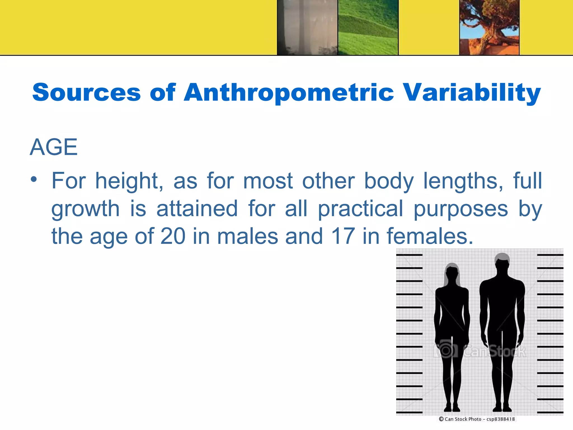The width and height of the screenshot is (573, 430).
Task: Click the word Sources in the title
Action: coord(86,92)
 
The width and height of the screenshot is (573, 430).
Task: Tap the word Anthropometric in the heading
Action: coord(289,92)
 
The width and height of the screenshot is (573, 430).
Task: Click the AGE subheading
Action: coord(54,147)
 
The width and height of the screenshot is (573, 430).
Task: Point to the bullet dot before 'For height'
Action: coord(34,179)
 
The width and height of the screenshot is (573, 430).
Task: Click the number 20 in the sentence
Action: coord(173,236)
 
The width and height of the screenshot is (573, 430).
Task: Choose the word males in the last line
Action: coord(248,236)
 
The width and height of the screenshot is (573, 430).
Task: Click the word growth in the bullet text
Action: coord(85,209)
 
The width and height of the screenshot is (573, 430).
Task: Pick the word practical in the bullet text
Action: coord(361,209)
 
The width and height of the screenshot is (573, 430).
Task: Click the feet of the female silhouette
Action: coord(452,408)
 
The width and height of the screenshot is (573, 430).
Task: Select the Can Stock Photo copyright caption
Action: coord(477,419)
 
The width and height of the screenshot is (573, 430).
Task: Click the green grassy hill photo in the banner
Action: coord(368,27)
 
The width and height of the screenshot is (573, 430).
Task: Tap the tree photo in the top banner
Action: coord(489,27)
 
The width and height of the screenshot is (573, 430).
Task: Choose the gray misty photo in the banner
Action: coord(307,27)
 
